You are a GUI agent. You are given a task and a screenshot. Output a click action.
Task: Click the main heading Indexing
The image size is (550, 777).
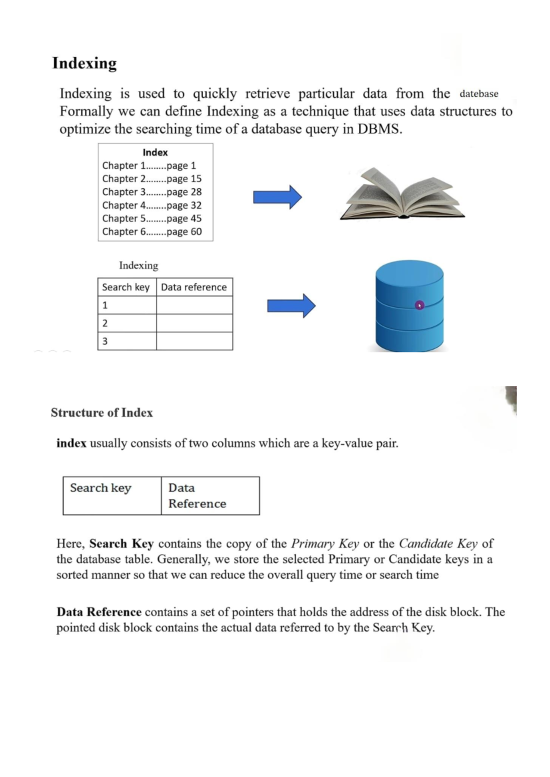click(84, 63)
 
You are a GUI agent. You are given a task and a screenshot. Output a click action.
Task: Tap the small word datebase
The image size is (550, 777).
click(478, 94)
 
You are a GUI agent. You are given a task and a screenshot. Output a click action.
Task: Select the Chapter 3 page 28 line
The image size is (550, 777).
click(152, 192)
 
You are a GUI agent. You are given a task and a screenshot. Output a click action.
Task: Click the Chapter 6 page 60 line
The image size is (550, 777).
click(152, 231)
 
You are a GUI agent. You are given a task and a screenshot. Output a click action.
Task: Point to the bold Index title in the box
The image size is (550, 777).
click(155, 153)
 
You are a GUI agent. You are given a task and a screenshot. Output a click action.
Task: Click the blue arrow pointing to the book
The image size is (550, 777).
click(277, 197)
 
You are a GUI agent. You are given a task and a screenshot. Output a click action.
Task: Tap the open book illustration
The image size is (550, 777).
click(402, 195)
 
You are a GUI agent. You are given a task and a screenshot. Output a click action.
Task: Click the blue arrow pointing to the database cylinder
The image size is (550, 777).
click(291, 306)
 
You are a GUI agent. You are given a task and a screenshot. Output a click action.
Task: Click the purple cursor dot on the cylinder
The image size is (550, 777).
click(419, 305)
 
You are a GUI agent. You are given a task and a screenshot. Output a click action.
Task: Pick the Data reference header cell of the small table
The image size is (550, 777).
click(194, 287)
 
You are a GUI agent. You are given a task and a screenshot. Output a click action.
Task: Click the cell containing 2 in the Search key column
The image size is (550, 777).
click(127, 323)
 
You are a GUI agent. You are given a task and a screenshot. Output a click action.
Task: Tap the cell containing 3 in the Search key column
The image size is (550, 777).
click(127, 341)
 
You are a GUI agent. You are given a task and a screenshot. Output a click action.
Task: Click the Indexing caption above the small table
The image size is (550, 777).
click(138, 265)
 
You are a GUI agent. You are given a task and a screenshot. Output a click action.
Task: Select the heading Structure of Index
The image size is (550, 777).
click(102, 412)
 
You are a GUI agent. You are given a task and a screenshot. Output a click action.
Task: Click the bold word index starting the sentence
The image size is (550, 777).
click(71, 443)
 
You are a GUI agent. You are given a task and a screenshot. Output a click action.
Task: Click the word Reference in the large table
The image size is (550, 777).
click(197, 503)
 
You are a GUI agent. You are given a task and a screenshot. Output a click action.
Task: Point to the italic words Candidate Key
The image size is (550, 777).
click(438, 543)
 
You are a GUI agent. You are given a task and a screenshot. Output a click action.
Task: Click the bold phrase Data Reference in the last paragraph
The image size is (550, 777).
click(99, 612)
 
